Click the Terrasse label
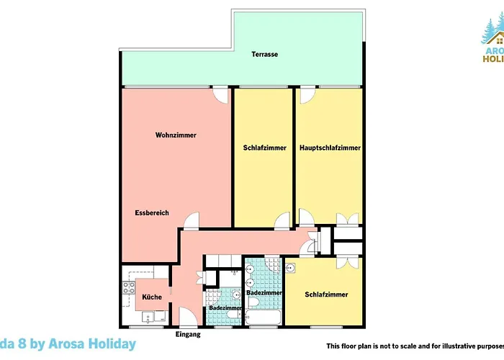(x=264, y=55)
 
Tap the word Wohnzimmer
(x=176, y=135)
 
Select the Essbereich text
(x=151, y=213)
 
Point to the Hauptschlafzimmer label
(x=330, y=148)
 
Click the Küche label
(x=152, y=297)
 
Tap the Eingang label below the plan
(x=188, y=336)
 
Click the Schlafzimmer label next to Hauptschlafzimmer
(x=260, y=148)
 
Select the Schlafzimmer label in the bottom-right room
(x=326, y=294)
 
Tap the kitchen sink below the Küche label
(x=153, y=315)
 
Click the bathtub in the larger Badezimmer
(x=263, y=316)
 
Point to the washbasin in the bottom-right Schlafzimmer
(x=291, y=269)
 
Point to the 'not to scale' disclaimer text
(x=414, y=346)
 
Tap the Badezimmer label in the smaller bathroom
(x=225, y=308)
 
